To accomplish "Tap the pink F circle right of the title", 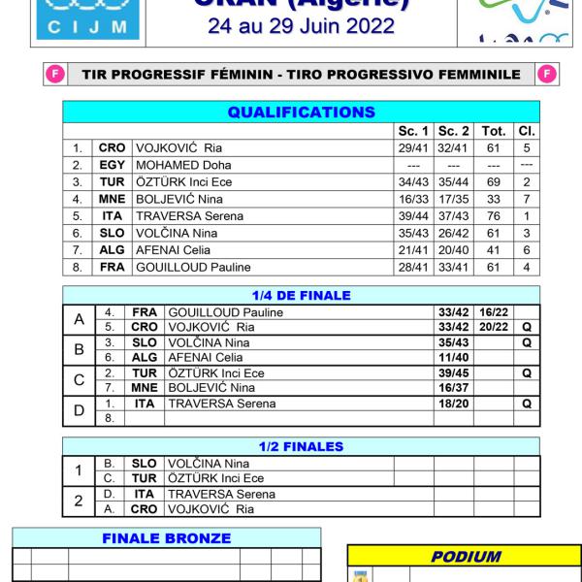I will tap(547, 74).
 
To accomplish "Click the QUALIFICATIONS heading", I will tap(301, 113).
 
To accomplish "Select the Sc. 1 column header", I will tap(413, 131).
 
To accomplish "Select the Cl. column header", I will tap(526, 131).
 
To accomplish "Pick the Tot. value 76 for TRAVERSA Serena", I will tap(493, 215).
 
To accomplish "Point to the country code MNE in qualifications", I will tap(112, 199).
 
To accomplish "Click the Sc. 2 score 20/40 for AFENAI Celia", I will tap(453, 249).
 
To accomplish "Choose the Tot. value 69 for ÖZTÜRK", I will tap(493, 181).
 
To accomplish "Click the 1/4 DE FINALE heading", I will tap(301, 296).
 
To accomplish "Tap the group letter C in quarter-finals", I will tap(80, 379).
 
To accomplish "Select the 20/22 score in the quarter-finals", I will tap(494, 327).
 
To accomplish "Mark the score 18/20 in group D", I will tap(453, 404).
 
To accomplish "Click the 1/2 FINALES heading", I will tap(301, 446).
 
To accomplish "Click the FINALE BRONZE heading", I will tap(166, 538).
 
